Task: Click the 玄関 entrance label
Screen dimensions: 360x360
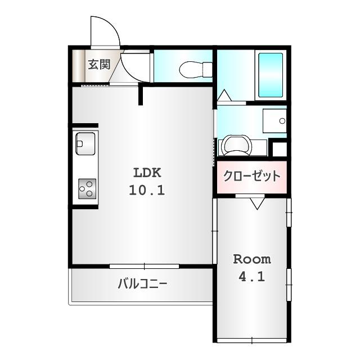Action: pos(98,64)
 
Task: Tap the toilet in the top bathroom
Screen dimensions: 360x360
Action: pos(195,70)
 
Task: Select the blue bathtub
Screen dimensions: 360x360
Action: pos(271,75)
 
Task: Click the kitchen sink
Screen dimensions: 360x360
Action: pos(85,143)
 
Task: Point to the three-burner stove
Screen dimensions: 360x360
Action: pos(87,188)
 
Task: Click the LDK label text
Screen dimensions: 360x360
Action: pos(147,172)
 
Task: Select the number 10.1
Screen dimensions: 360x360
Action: pos(147,190)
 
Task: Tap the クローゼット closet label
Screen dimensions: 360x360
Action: pos(251,176)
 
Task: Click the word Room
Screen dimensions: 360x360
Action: pos(252,259)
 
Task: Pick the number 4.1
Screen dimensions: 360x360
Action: pos(252,277)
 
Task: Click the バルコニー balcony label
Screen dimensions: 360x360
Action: pos(142,283)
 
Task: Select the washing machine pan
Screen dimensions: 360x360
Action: pos(237,146)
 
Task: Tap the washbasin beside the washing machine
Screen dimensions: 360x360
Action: pos(274,120)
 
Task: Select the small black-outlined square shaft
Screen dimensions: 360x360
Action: pos(278,149)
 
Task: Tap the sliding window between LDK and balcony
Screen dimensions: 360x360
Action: pos(144,266)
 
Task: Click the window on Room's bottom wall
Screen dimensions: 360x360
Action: pos(251,340)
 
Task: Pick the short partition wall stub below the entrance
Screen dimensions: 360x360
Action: pos(141,94)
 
